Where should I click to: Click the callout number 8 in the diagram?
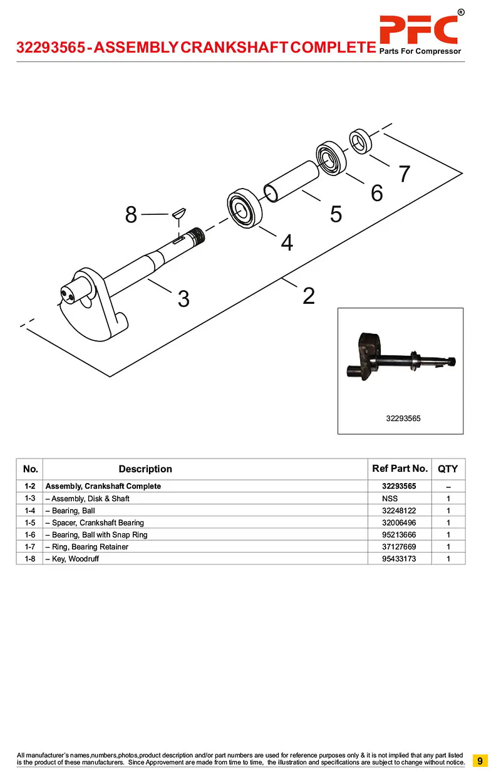click(x=131, y=215)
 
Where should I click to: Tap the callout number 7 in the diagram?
click(x=405, y=174)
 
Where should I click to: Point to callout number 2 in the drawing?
click(x=308, y=295)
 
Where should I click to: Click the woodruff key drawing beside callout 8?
click(x=178, y=212)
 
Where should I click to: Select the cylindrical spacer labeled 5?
click(x=292, y=181)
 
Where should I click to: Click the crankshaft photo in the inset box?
click(x=401, y=360)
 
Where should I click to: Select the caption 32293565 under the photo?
click(x=403, y=418)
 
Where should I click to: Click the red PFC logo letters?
click(x=418, y=29)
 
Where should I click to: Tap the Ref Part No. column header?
click(x=400, y=469)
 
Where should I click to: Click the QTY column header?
click(x=448, y=469)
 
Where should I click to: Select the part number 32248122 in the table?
click(x=399, y=511)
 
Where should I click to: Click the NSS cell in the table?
click(x=390, y=499)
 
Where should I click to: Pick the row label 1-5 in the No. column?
click(x=29, y=523)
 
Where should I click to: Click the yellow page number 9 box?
click(x=480, y=761)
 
